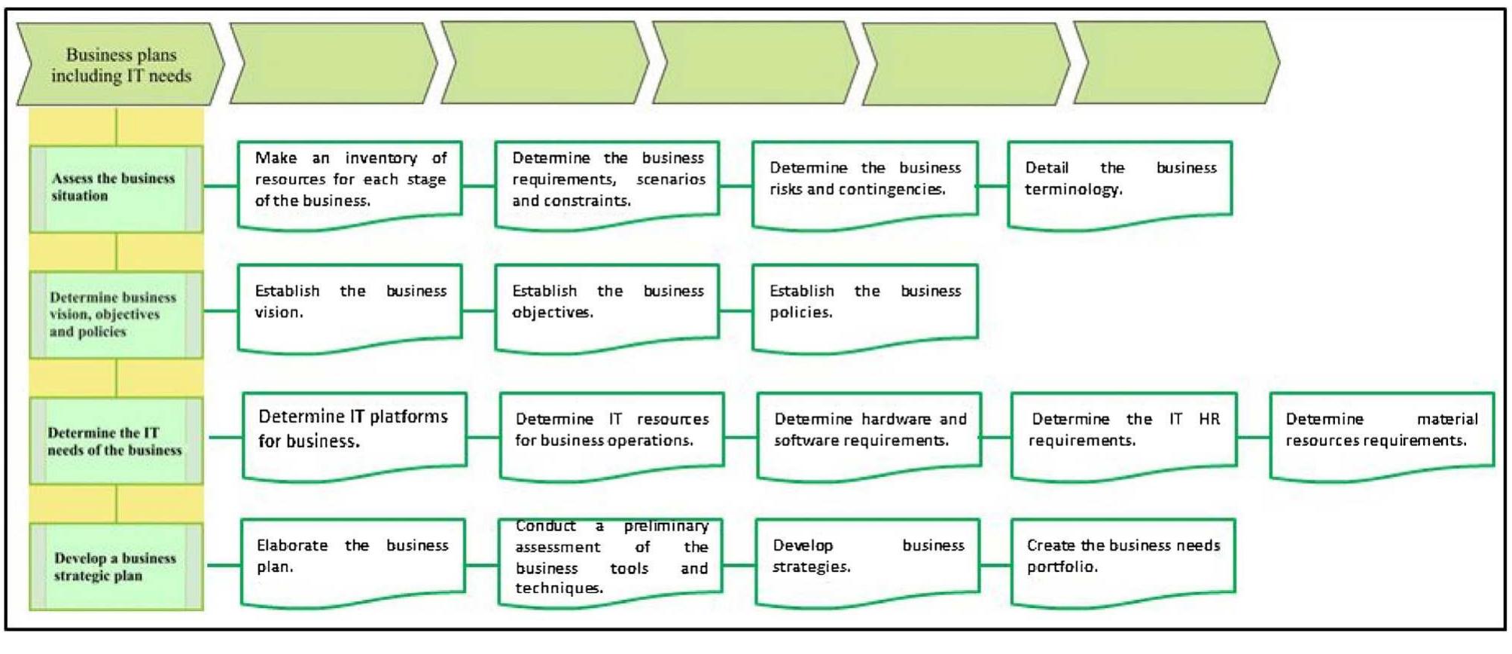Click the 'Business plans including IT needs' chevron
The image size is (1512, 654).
[x=120, y=64]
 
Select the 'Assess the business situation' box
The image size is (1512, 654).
[x=116, y=188]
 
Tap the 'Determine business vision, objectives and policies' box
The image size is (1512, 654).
[x=116, y=314]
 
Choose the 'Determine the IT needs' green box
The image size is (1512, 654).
[x=116, y=441]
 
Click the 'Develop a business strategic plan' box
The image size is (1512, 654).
[x=116, y=567]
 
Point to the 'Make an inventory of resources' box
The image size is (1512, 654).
[x=349, y=181]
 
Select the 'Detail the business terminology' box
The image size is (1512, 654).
[x=1120, y=181]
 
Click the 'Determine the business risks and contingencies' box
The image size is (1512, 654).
[x=864, y=181]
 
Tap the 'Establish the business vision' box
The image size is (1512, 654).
[x=349, y=304]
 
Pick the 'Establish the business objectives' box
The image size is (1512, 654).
[x=607, y=304]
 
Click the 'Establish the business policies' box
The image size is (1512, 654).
[x=864, y=304]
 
